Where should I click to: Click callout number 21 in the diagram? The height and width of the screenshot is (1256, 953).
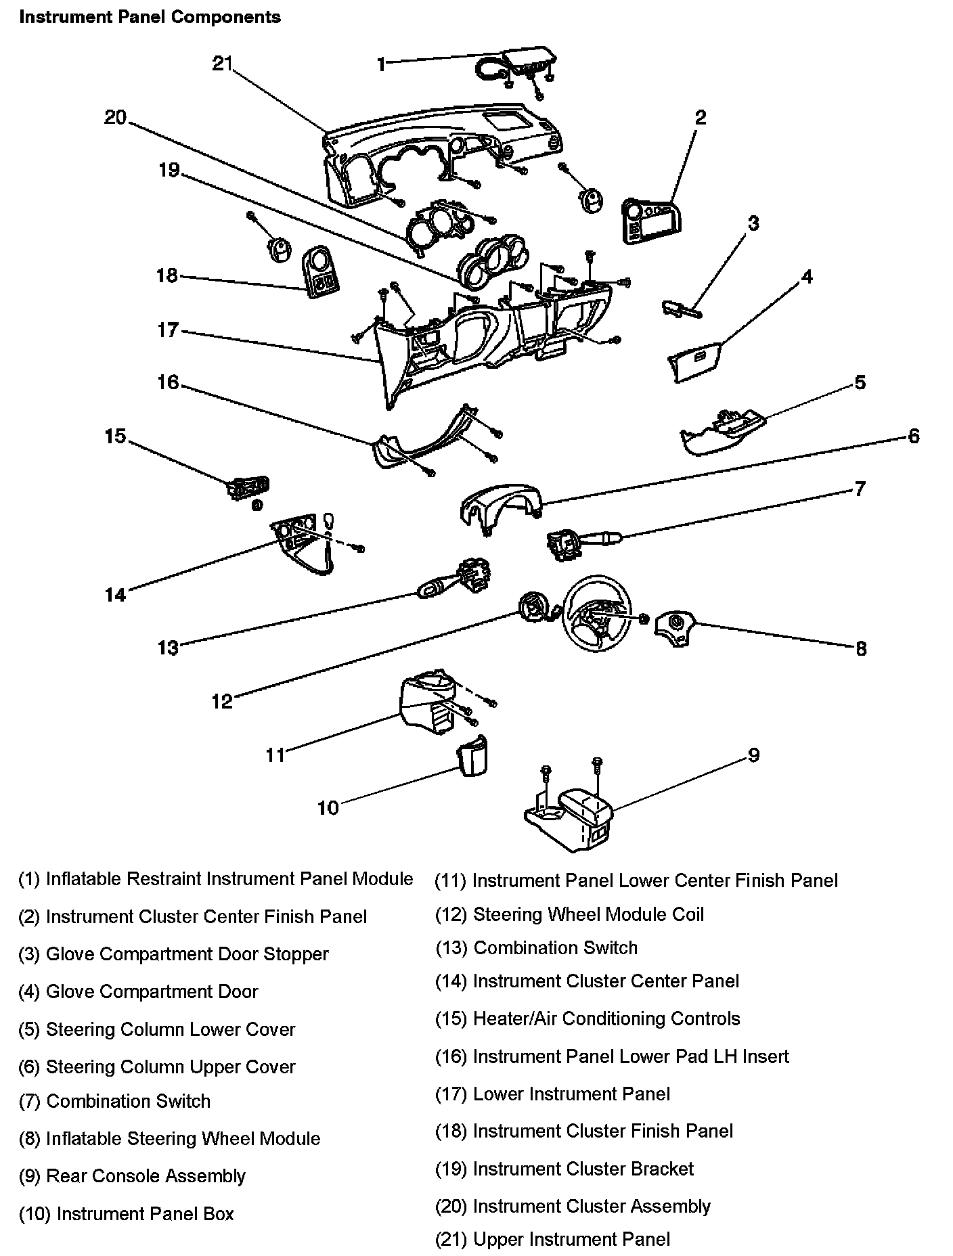[222, 64]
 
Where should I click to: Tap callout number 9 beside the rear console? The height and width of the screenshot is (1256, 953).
[754, 755]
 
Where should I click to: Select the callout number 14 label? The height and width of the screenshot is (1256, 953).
[115, 595]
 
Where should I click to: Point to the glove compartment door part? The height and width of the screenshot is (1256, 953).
[694, 359]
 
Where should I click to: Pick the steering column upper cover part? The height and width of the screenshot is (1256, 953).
[499, 506]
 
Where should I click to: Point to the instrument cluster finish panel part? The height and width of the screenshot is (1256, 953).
[320, 272]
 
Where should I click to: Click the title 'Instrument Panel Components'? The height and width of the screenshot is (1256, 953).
[150, 17]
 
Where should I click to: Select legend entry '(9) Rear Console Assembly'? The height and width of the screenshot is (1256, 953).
[132, 1175]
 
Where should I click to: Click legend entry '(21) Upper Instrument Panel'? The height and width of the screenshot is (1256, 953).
[552, 1239]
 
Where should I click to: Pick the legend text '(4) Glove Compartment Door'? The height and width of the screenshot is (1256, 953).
[138, 991]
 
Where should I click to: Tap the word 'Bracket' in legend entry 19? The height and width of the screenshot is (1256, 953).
[661, 1169]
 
